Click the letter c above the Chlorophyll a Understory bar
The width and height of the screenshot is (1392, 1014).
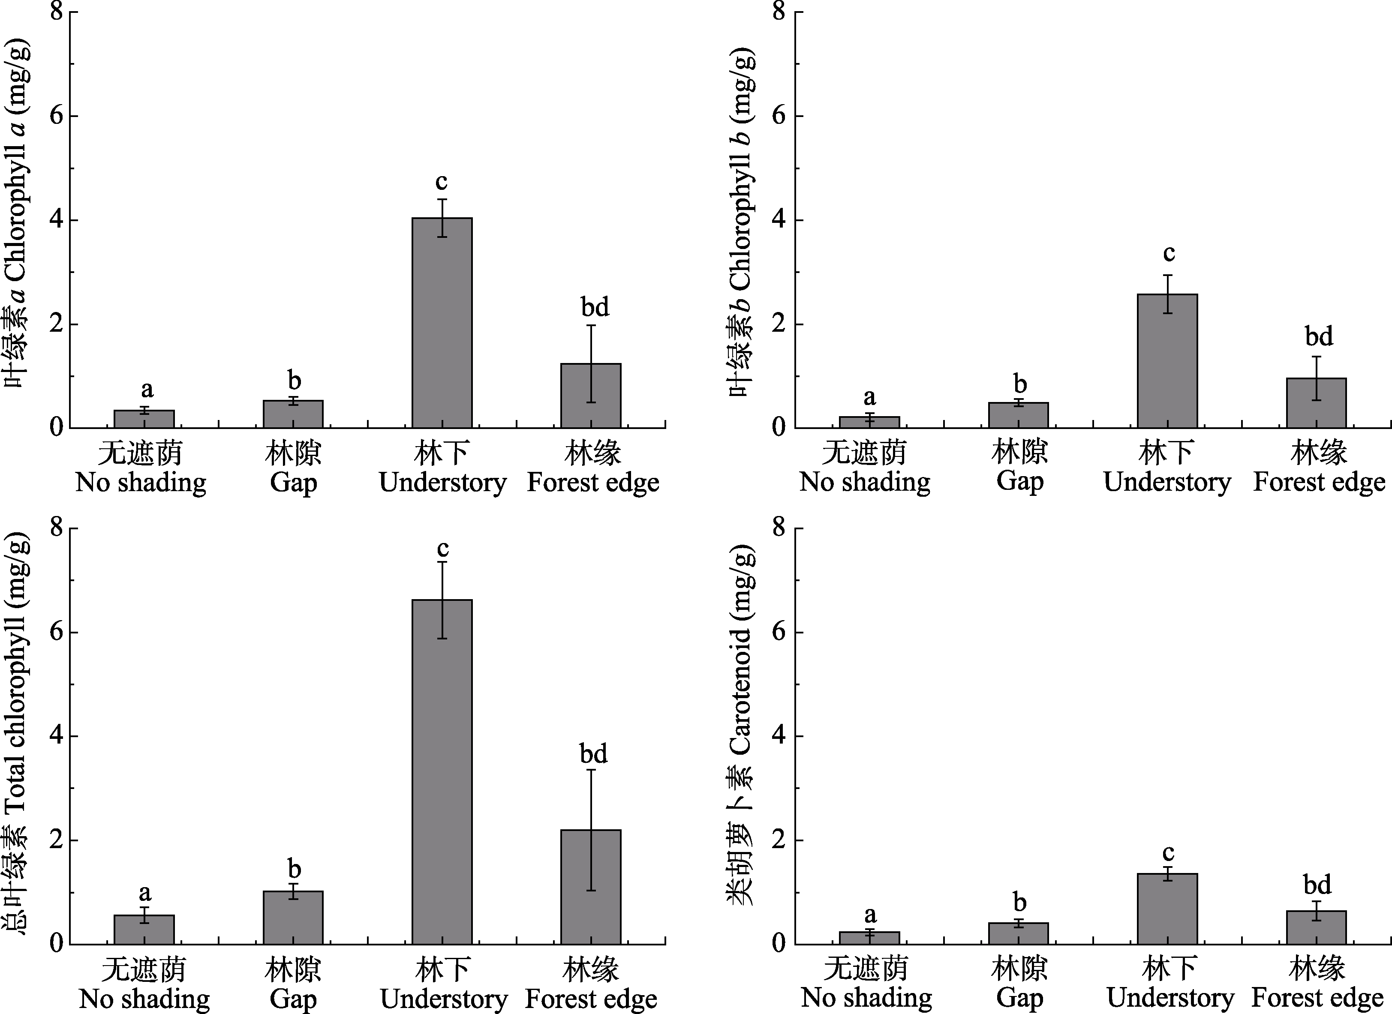[x=442, y=182]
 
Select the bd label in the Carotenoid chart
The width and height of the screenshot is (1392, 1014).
[x=1317, y=885]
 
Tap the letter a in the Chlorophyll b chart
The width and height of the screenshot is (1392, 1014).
[x=869, y=398]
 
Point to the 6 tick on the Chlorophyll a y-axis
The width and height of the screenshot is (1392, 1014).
[x=57, y=116]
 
